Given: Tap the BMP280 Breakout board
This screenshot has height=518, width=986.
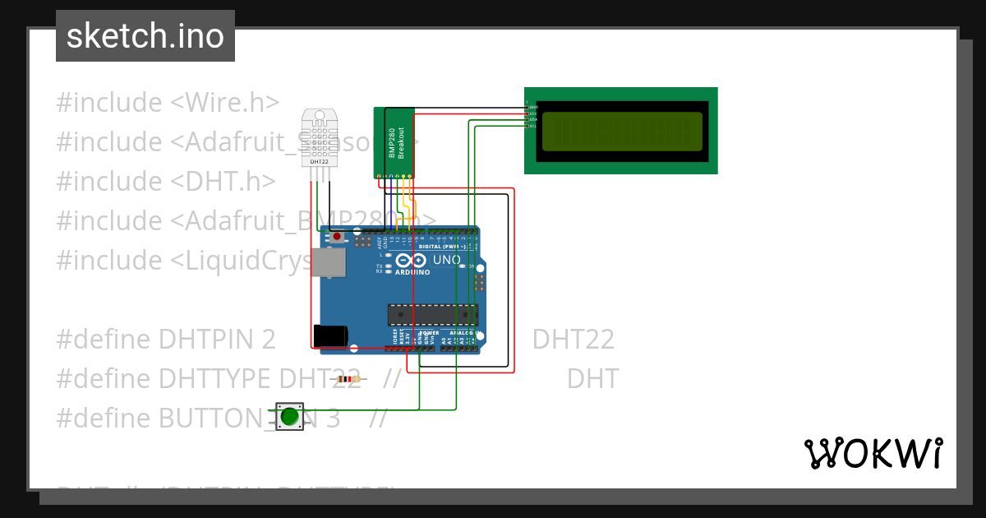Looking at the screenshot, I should pos(395,141).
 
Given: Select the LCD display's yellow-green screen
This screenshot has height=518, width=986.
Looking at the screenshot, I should pos(622,131).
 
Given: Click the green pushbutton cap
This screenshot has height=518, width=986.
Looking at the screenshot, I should pos(288,416).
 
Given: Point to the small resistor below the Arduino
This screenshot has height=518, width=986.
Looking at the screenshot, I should pos(348,379).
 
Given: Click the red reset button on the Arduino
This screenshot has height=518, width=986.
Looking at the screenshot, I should pos(338,237).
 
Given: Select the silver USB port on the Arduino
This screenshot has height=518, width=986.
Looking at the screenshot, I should pos(330,262).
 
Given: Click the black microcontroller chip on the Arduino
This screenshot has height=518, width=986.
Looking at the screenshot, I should pos(433,315).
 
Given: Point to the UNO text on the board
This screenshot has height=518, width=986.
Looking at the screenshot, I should pos(446,260).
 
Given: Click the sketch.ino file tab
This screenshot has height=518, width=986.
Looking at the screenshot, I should pos(145,36).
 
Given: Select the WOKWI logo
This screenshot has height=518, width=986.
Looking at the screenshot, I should pos(873,453).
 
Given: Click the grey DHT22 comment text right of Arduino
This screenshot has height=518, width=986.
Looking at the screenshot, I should pos(573,340).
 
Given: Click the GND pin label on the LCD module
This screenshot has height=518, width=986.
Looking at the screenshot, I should pos(532,107).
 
